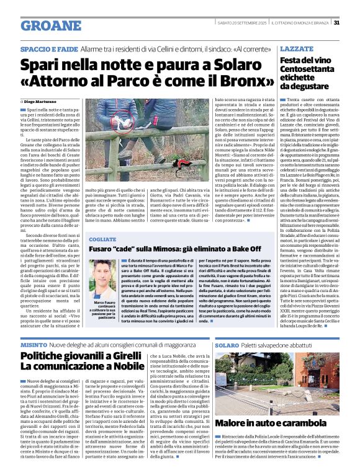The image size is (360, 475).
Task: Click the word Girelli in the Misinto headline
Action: coord(115,357)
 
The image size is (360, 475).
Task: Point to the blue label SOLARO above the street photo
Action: coord(227,344)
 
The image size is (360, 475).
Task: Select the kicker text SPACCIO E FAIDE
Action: coord(49,48)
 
